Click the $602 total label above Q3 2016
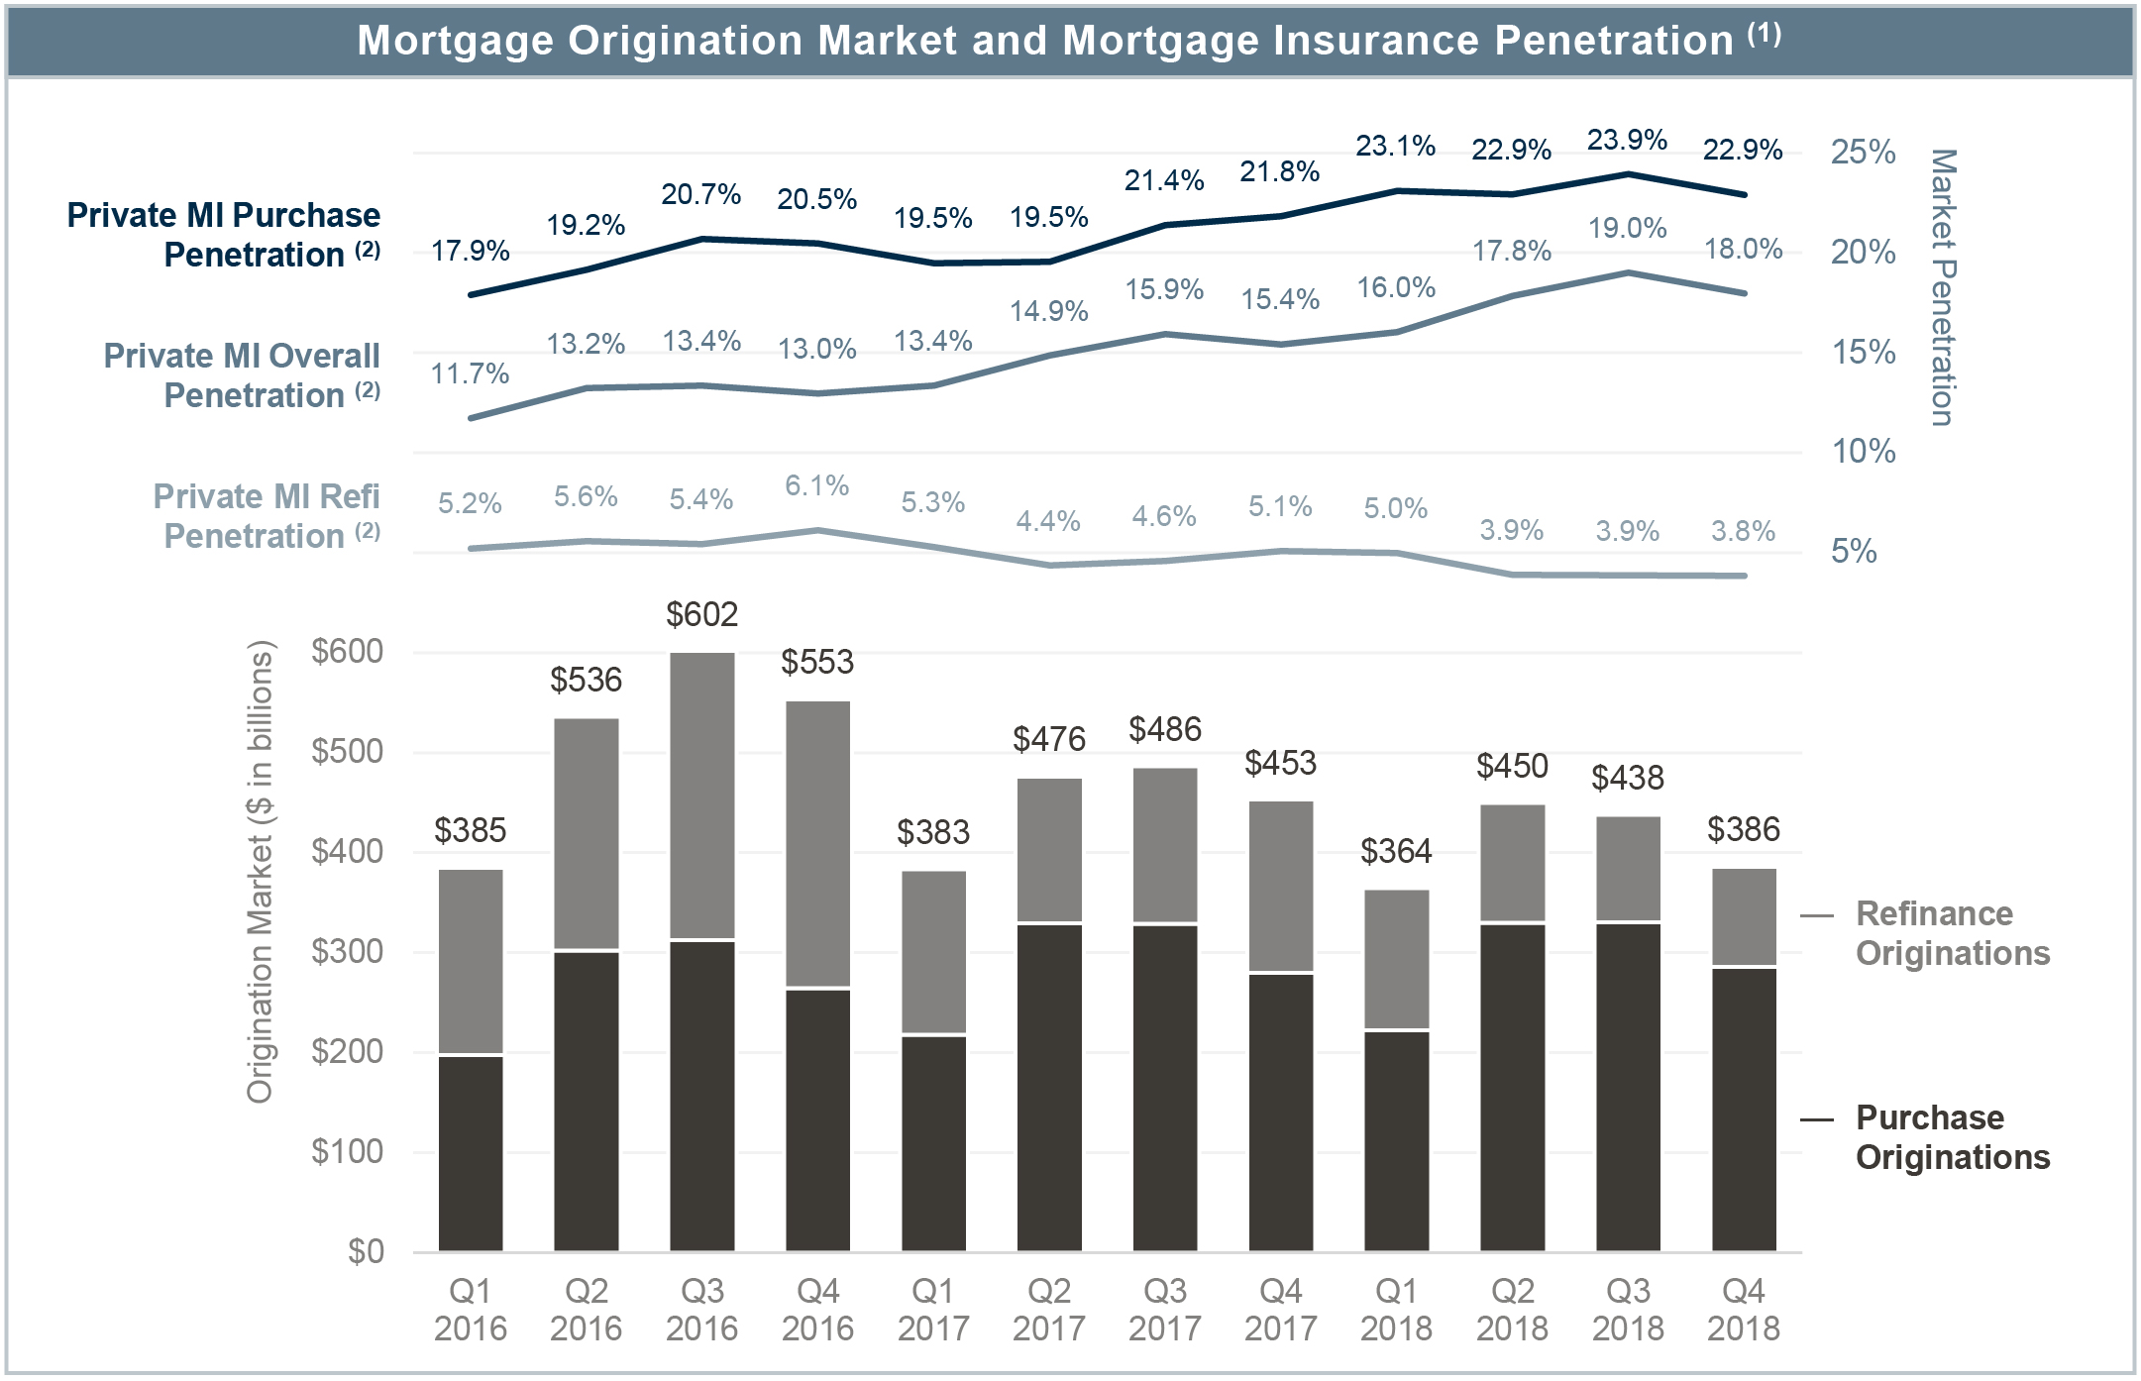point(701,615)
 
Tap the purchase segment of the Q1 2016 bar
point(471,1153)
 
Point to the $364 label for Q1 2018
point(1396,851)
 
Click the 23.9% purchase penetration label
point(1627,141)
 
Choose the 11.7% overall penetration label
point(470,374)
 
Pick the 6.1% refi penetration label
point(817,485)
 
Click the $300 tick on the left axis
point(347,952)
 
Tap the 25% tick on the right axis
point(1863,153)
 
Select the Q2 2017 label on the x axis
point(1049,1309)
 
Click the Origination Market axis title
point(260,872)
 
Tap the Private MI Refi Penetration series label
point(266,516)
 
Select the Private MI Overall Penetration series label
point(242,375)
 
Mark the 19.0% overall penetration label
point(1627,229)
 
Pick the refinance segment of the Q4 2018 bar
point(1744,916)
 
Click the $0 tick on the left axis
point(366,1252)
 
